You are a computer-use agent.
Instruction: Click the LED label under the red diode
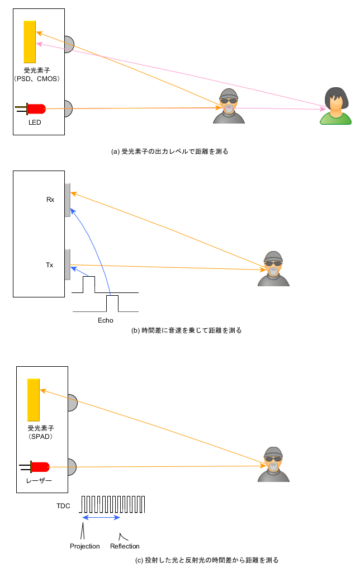[35, 121]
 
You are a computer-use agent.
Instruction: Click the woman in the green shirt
[336, 106]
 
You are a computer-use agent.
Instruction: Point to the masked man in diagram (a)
[229, 106]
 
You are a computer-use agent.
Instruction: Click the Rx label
[50, 199]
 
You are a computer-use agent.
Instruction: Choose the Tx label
[50, 265]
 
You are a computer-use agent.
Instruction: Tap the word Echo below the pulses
[105, 320]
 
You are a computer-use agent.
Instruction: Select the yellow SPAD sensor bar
[34, 400]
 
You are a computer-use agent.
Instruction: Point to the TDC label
[64, 505]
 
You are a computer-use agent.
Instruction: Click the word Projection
[85, 546]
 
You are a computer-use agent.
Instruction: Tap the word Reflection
[125, 546]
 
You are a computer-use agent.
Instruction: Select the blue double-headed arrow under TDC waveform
[101, 518]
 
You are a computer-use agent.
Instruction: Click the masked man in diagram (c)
[273, 464]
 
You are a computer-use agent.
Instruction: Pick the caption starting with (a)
[170, 152]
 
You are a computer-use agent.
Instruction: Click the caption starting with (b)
[186, 330]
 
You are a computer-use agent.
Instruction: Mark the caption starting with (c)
[207, 560]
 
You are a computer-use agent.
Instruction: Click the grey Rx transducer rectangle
[67, 199]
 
